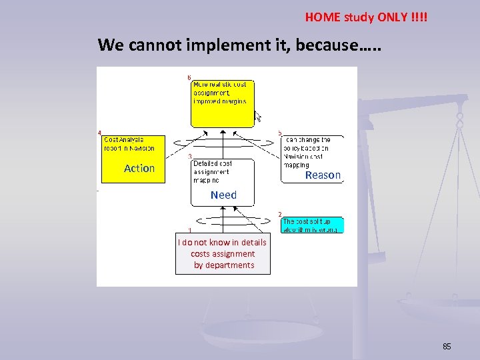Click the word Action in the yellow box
[139, 169]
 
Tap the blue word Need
[223, 195]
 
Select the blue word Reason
[323, 175]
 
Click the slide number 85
[447, 347]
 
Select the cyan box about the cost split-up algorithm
[312, 225]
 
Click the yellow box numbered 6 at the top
[222, 103]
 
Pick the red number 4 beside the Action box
[100, 133]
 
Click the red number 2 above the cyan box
[279, 214]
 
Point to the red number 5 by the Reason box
[279, 133]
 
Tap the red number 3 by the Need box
[191, 156]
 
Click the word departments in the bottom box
[224, 265]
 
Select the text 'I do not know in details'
[222, 243]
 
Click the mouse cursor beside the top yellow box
[257, 116]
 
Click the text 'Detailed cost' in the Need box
[213, 163]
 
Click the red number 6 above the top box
[189, 77]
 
